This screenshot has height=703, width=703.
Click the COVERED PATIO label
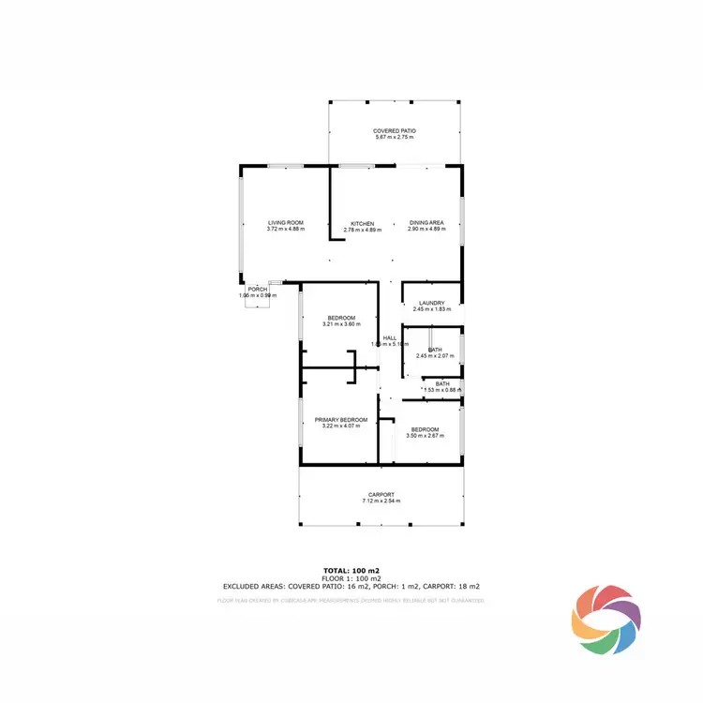(394, 130)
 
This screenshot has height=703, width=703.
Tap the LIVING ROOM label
(285, 223)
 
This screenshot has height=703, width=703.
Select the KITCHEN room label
(362, 223)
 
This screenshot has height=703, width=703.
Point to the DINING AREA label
(426, 223)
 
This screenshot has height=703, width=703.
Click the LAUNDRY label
(431, 303)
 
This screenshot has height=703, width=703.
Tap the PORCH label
(257, 289)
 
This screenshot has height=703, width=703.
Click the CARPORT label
(381, 494)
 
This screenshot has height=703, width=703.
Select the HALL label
(389, 337)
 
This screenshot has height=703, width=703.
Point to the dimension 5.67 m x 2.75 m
(394, 138)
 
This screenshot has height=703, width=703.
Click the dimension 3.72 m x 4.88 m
(285, 230)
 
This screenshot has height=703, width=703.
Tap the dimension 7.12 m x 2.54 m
(381, 501)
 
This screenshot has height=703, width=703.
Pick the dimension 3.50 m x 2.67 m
(424, 435)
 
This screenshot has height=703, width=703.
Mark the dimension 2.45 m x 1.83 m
(431, 309)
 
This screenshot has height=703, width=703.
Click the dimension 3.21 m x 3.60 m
(340, 324)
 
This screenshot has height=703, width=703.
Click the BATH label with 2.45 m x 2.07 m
(435, 350)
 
